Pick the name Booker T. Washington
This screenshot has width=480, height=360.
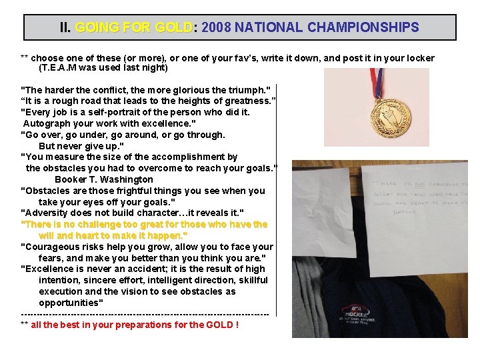[104, 179]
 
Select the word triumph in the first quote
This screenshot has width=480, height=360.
[247, 89]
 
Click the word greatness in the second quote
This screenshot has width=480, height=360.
[246, 101]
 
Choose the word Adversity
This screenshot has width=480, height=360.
[47, 213]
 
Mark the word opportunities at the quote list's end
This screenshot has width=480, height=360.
[71, 303]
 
